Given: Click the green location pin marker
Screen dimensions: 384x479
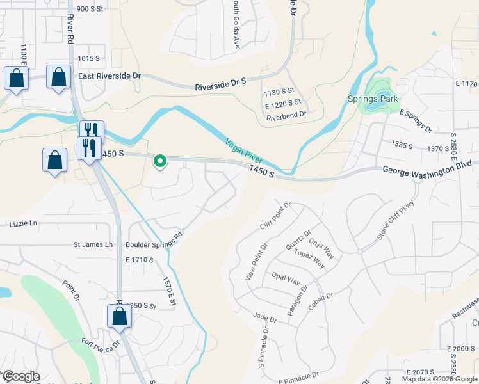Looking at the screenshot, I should (159, 161).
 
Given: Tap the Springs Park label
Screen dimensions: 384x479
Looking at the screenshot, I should (373, 99).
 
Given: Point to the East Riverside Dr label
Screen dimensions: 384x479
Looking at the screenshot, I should (109, 76).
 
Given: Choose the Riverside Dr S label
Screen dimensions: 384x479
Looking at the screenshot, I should (221, 83).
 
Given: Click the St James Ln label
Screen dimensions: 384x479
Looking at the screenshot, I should (93, 244).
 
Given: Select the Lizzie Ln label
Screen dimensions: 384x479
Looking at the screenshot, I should (24, 224).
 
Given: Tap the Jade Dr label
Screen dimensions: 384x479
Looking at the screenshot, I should (264, 317).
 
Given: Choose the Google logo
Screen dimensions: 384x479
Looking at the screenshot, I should (20, 377).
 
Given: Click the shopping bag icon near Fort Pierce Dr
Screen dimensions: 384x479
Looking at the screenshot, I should (119, 316).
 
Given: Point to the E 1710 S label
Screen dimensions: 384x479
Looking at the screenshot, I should (140, 260).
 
